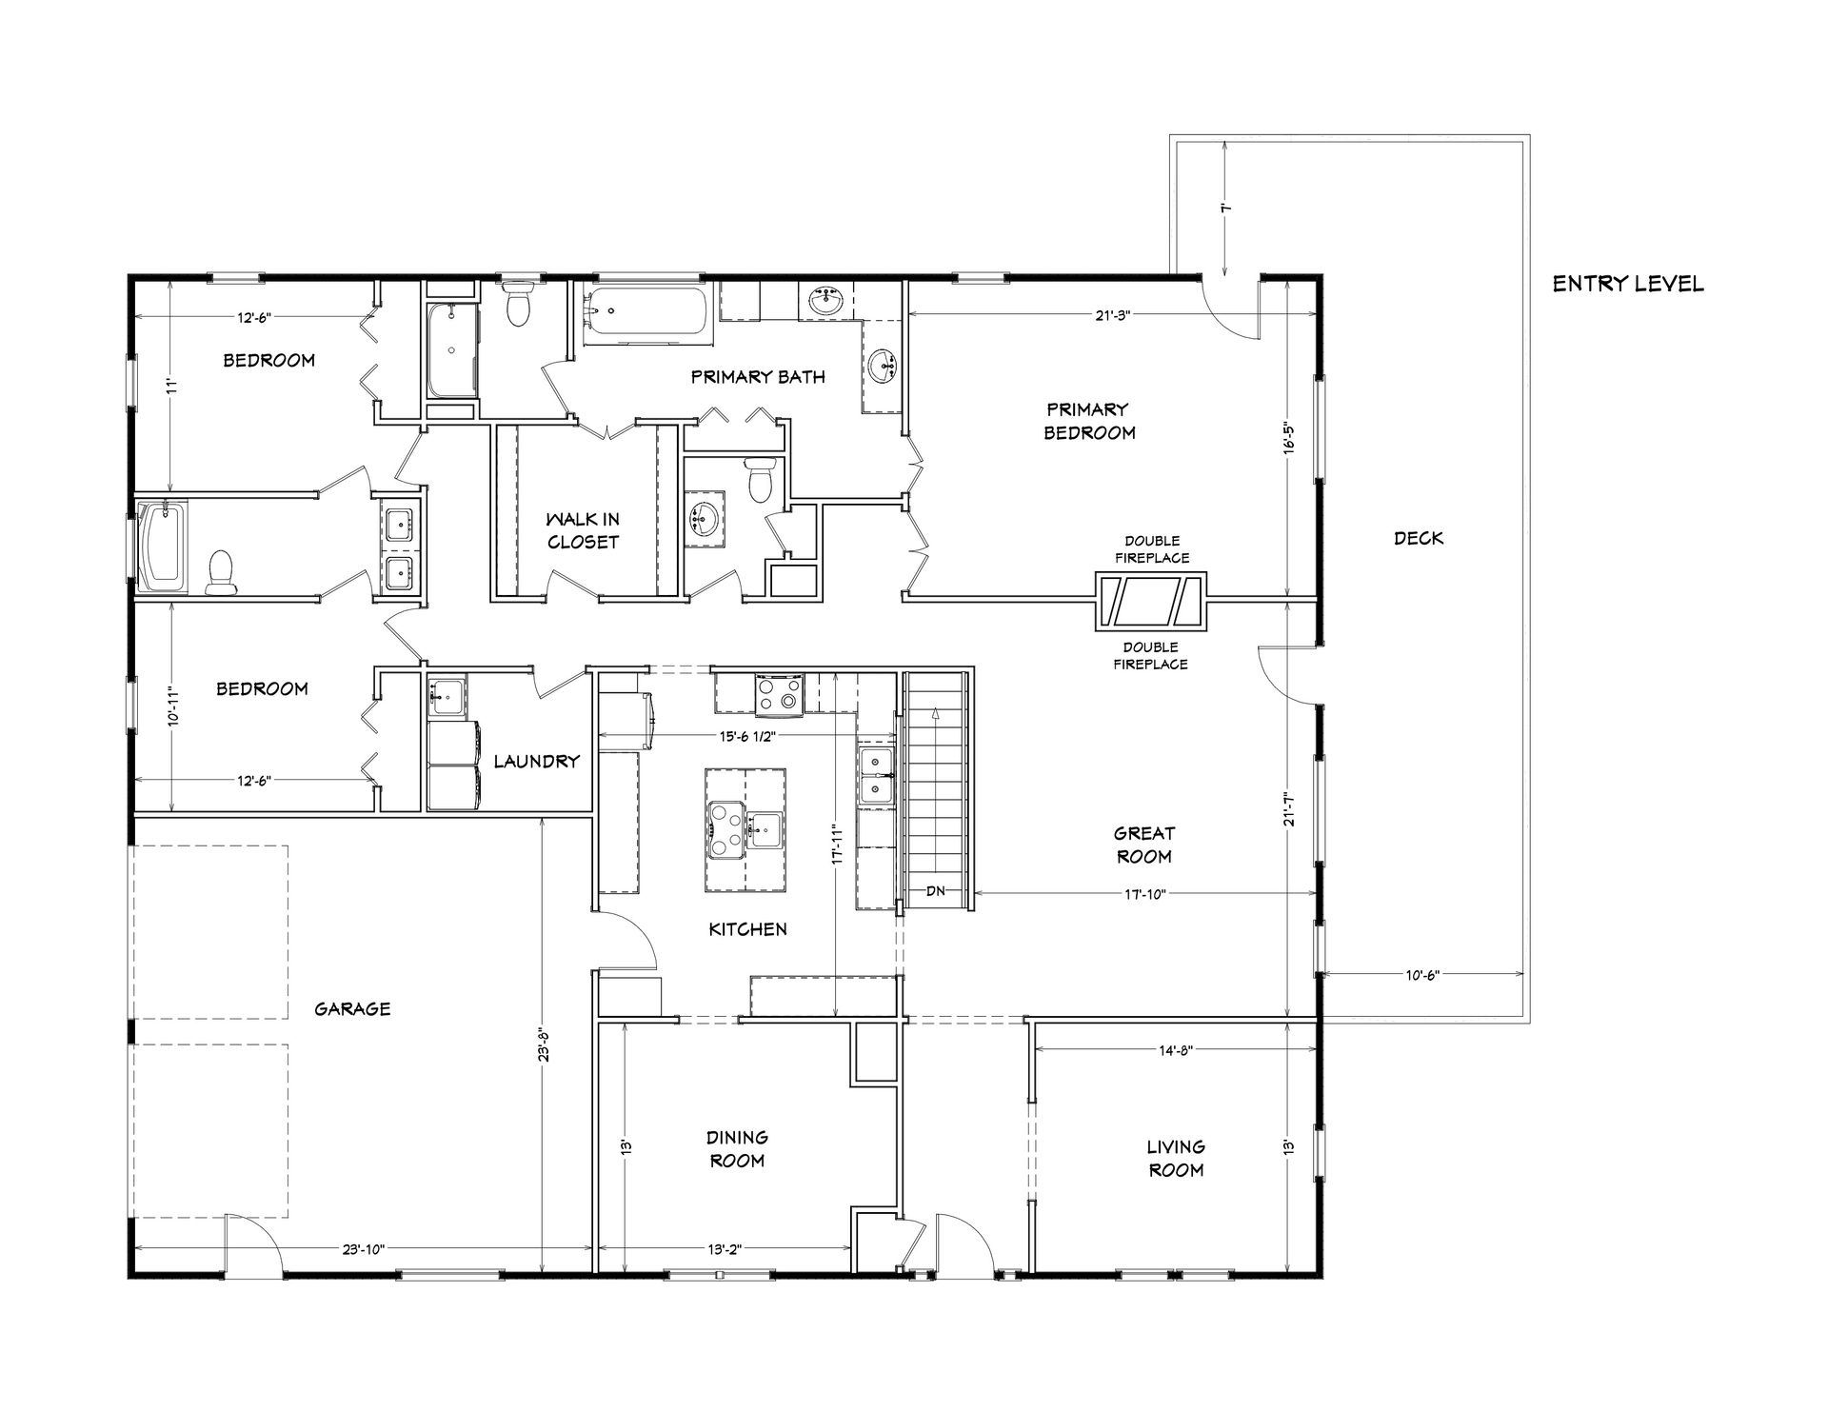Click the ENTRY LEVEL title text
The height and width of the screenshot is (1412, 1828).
click(1628, 284)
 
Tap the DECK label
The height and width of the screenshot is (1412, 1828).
click(1419, 538)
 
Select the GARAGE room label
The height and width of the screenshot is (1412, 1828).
click(352, 1008)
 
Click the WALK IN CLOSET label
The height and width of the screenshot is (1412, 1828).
click(583, 530)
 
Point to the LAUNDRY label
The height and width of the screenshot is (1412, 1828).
click(537, 761)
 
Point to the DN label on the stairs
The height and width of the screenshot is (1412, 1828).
click(936, 891)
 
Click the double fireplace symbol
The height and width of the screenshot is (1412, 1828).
click(1151, 601)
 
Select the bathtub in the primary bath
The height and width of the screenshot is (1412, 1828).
click(646, 310)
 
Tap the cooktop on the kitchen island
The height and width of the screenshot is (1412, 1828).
click(725, 830)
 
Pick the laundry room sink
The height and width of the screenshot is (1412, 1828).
click(446, 697)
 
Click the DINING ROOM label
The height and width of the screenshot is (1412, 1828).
click(737, 1148)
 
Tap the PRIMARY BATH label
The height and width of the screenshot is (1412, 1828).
click(758, 376)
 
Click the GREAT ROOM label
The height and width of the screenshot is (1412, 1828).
click(1144, 845)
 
